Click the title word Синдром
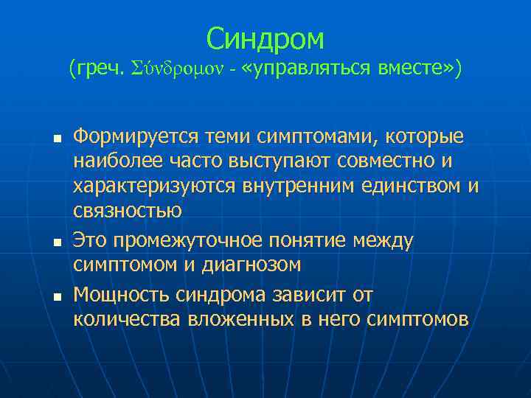pos(265,38)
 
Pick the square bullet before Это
pos(56,241)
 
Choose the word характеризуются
pos(155,186)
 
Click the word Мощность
pos(122,295)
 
